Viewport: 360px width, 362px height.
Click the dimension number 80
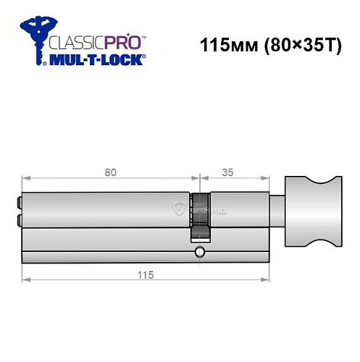(x=110, y=173)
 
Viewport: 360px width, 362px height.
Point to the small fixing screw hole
(x=198, y=253)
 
